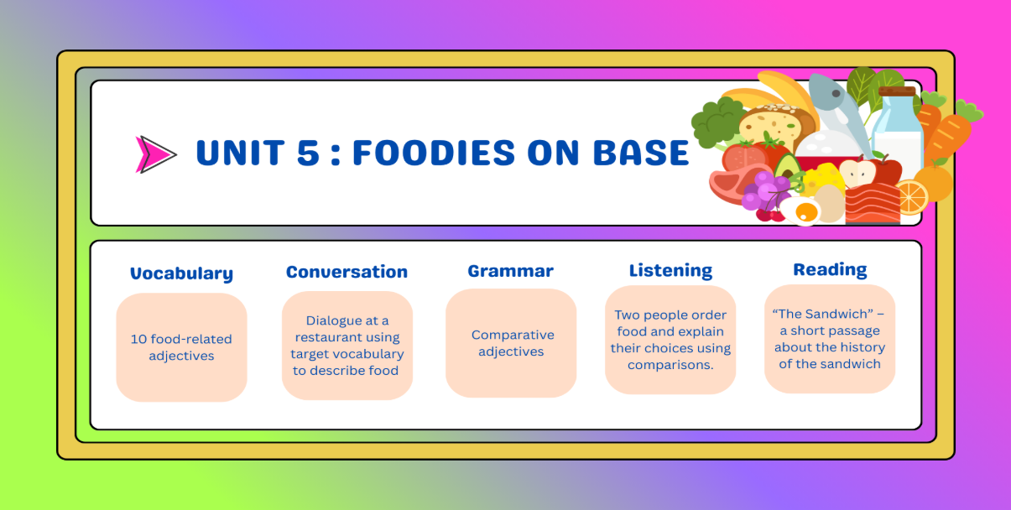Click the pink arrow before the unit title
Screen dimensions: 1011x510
(154, 154)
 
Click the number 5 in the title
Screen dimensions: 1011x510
(308, 152)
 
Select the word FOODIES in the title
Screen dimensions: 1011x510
(433, 152)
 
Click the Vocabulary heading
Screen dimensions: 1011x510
(181, 273)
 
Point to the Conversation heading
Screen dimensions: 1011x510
(347, 272)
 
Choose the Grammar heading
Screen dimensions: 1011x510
(510, 271)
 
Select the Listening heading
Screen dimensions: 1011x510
(670, 270)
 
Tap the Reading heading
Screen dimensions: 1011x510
(830, 269)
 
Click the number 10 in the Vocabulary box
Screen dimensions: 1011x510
(138, 339)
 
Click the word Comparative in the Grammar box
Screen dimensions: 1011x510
(513, 335)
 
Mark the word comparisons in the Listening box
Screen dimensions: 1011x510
(670, 365)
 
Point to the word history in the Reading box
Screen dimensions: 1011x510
(861, 347)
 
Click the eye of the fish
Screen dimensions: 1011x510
(836, 93)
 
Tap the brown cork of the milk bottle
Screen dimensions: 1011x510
(897, 91)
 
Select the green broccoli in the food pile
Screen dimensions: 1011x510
(716, 122)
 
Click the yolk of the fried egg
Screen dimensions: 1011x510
(806, 211)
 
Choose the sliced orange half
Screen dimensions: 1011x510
(911, 197)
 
